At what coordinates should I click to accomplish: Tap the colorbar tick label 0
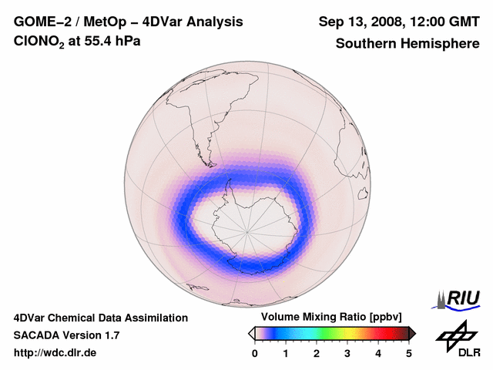tap(255, 353)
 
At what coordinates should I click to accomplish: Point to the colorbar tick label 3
tap(347, 353)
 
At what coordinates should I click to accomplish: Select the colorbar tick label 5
tap(409, 353)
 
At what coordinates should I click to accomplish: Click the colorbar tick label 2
tap(317, 353)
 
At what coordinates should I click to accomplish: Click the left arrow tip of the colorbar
tap(250, 333)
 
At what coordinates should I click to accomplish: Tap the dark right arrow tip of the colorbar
tap(413, 333)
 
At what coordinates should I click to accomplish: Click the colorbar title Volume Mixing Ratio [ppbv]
tap(327, 317)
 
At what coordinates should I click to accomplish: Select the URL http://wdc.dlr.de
tap(55, 353)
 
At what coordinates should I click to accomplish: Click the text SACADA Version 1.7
tap(66, 335)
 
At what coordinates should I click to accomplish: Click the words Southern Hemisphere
tap(407, 44)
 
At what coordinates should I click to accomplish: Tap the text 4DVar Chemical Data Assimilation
tap(101, 318)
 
